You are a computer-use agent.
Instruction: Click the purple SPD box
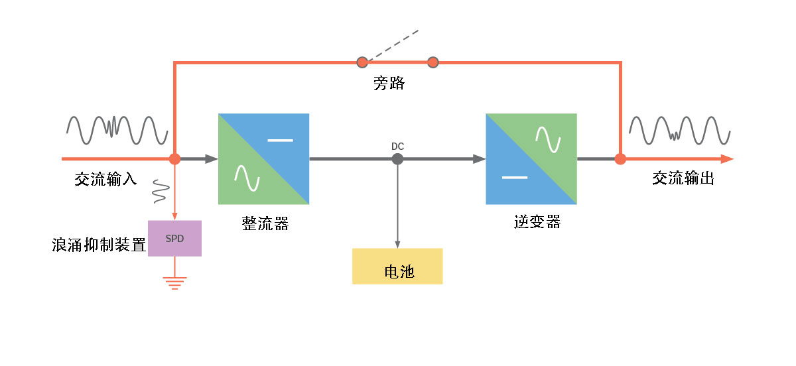tap(174, 238)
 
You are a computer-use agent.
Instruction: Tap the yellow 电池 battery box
tap(397, 266)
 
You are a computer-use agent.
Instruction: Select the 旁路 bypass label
tap(389, 84)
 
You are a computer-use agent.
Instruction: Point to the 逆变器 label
tap(537, 222)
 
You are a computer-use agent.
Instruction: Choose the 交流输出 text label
tap(683, 178)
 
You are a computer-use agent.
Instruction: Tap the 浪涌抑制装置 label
tap(99, 245)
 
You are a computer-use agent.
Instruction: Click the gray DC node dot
tap(397, 159)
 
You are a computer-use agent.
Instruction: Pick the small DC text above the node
tap(397, 146)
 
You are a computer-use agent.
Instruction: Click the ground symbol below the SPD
tap(174, 283)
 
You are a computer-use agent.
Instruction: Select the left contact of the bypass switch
tap(362, 63)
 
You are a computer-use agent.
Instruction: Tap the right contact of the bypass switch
tap(433, 63)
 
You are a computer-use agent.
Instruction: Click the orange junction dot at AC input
tap(174, 159)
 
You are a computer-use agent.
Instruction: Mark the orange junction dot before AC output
tap(620, 159)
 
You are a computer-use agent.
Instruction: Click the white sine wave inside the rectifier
tap(246, 177)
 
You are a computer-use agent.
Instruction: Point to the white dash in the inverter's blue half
tap(515, 178)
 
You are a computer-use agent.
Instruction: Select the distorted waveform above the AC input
tap(116, 130)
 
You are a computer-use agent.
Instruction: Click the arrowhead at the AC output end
tap(727, 159)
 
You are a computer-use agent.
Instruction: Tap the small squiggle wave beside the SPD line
tap(159, 191)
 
